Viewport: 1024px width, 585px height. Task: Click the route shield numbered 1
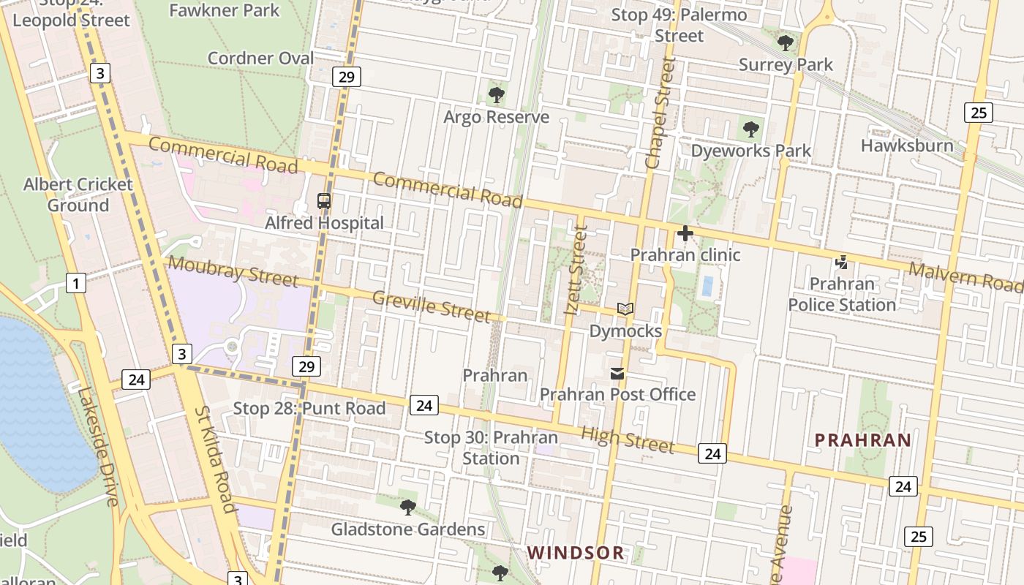pos(76,282)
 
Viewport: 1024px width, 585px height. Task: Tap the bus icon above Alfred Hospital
pos(323,201)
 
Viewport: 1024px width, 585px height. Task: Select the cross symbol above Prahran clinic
pos(685,234)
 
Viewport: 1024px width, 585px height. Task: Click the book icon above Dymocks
pos(625,309)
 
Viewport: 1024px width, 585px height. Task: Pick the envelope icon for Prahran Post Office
pos(617,374)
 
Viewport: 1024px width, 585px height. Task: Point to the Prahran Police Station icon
pos(842,262)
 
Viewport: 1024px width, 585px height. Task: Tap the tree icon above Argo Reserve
pos(496,95)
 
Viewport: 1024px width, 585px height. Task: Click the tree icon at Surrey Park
pos(786,43)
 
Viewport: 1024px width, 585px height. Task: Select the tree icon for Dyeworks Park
pos(750,129)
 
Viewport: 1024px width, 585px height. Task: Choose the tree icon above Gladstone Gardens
pos(408,507)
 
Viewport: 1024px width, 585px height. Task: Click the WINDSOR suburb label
pos(576,553)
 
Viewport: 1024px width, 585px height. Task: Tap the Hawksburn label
pos(907,146)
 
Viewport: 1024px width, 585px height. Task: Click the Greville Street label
pos(431,306)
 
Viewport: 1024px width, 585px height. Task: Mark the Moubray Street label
pos(233,271)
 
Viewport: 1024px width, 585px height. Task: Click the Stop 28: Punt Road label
pos(309,408)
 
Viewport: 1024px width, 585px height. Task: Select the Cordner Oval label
pos(260,58)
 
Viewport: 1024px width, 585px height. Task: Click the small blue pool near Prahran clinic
pos(707,286)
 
